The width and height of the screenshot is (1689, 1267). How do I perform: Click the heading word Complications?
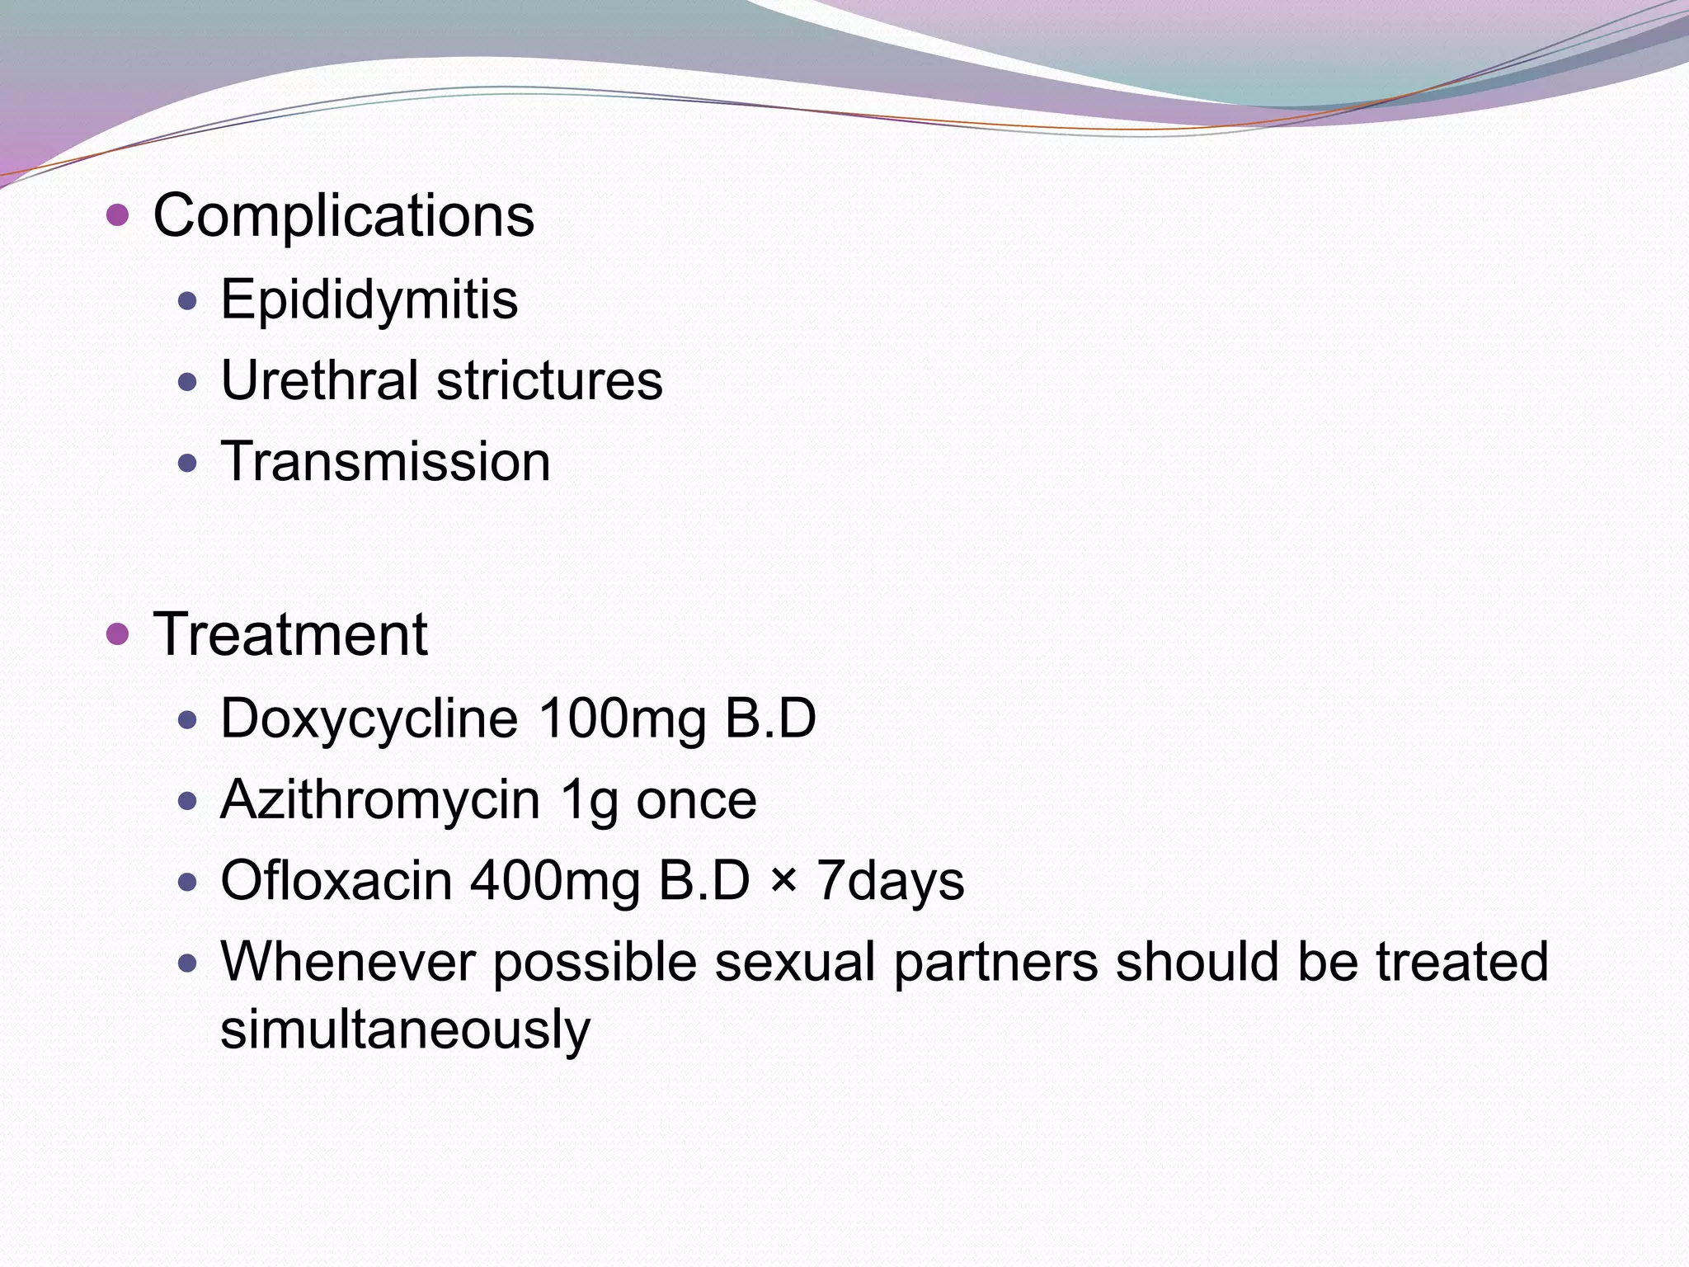(343, 216)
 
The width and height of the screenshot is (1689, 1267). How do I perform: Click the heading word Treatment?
(290, 634)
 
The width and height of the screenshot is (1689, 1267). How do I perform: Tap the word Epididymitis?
(369, 299)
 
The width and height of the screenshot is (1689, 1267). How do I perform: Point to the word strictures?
(549, 380)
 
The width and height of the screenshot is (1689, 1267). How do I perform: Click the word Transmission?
(385, 461)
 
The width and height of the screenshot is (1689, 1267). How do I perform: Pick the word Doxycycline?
(369, 718)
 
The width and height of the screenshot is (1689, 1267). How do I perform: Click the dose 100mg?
(622, 718)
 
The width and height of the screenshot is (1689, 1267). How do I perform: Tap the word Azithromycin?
(379, 799)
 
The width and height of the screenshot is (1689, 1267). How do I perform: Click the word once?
(696, 799)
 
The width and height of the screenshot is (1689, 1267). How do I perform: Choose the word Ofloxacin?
(336, 880)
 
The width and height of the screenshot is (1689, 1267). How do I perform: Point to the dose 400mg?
(555, 880)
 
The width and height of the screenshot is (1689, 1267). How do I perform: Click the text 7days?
(890, 880)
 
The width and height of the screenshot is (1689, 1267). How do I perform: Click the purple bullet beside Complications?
(118, 216)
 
